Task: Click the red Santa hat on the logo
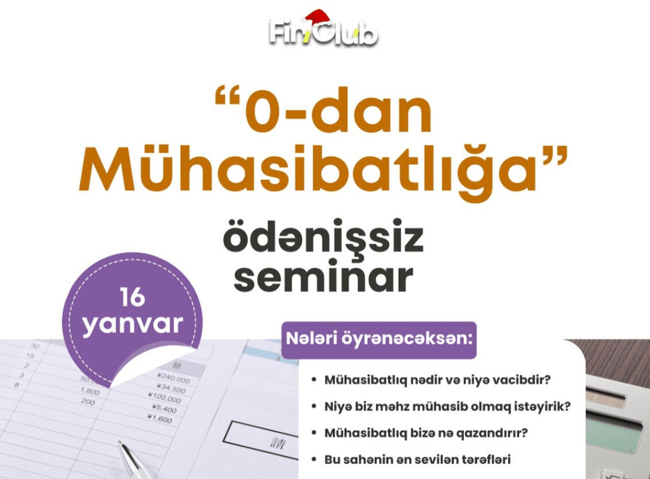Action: click(x=318, y=20)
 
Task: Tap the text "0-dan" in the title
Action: click(x=338, y=113)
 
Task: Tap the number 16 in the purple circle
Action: click(x=133, y=298)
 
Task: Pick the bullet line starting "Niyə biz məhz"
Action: click(x=447, y=407)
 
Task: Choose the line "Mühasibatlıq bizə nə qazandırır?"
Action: click(x=426, y=433)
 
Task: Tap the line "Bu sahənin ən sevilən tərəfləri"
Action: click(x=417, y=459)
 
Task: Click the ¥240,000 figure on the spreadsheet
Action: click(x=173, y=380)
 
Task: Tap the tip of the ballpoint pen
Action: click(x=120, y=444)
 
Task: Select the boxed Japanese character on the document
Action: click(x=264, y=442)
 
